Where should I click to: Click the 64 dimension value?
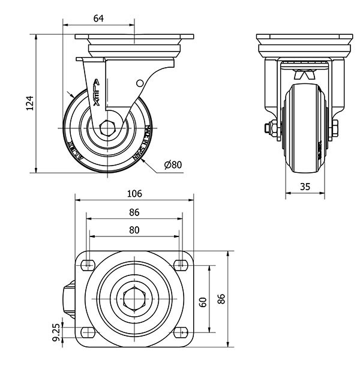(x=99, y=19)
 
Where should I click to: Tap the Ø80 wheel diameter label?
(x=172, y=165)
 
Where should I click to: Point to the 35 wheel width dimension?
(x=305, y=187)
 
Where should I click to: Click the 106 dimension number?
(x=134, y=193)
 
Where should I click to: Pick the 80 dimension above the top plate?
(x=134, y=230)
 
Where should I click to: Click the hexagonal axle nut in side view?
(x=109, y=128)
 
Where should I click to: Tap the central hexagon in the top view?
(x=134, y=298)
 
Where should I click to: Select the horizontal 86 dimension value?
(x=134, y=212)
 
